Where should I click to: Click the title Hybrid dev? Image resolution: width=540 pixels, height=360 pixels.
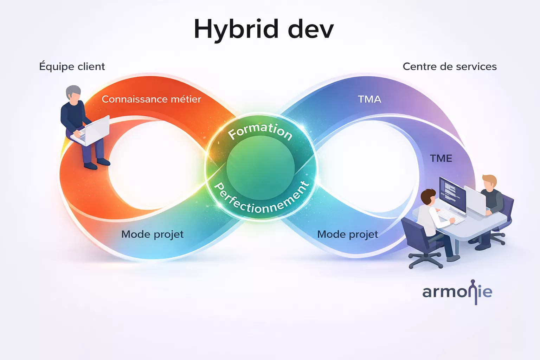tap(264, 30)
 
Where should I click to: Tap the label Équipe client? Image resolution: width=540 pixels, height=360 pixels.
tap(72, 66)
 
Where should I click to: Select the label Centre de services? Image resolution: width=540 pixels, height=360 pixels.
tap(450, 66)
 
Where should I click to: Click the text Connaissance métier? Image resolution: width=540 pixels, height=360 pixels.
tap(151, 99)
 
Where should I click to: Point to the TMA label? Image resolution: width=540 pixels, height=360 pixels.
tap(369, 99)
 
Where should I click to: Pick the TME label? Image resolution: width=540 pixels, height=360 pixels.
tap(441, 159)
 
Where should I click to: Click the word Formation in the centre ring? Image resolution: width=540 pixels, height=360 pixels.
tap(260, 130)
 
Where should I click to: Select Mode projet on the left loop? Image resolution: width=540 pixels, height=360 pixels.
tap(152, 234)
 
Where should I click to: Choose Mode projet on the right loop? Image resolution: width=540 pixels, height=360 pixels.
tap(348, 234)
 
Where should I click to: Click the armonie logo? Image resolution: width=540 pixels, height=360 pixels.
tap(457, 292)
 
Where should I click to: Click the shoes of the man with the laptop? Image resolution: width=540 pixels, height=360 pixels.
tap(97, 164)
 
